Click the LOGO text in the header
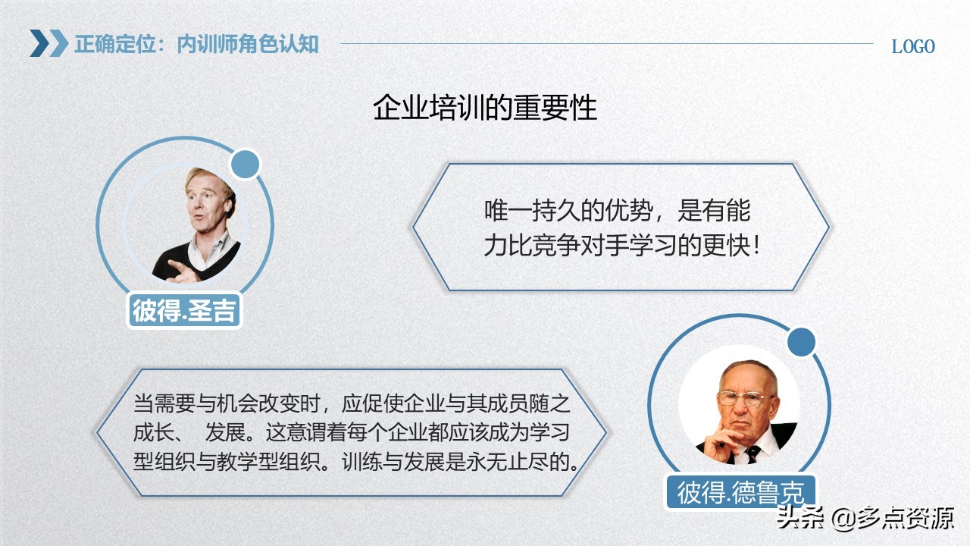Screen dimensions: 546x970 (912, 46)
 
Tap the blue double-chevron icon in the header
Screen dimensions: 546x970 (48, 43)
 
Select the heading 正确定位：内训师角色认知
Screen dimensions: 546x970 (196, 44)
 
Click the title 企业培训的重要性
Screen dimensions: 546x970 (485, 108)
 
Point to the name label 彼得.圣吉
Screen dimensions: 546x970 (183, 310)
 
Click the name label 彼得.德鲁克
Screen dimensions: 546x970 (740, 492)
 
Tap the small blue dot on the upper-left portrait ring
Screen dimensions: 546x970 (245, 165)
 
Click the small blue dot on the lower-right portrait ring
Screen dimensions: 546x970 (800, 343)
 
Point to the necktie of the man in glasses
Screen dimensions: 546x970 (753, 453)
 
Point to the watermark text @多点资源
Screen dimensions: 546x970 (893, 518)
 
